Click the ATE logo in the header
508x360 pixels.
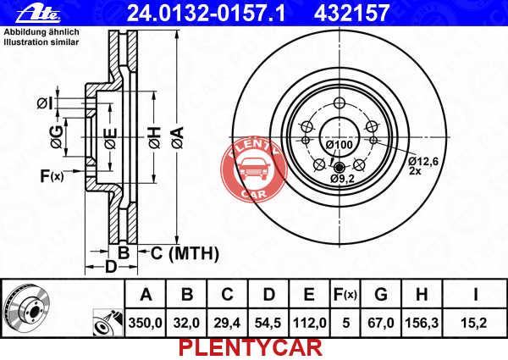tap(38, 14)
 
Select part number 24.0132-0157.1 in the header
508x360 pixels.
tap(207, 13)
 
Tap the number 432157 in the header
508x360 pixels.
tap(351, 13)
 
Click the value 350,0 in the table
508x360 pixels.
tap(145, 323)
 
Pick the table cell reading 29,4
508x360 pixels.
tap(227, 323)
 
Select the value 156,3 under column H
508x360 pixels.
tap(422, 323)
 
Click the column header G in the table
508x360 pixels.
tap(381, 294)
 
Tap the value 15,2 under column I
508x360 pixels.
tap(473, 323)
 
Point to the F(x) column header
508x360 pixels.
tap(345, 294)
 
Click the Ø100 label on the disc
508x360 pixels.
tap(339, 145)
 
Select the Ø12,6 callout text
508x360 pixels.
tap(423, 161)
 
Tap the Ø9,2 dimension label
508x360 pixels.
tap(342, 178)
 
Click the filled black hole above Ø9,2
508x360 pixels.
tap(340, 168)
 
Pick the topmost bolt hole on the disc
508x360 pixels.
tap(340, 103)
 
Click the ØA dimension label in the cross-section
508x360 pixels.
tap(178, 138)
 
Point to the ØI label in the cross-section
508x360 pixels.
tap(44, 103)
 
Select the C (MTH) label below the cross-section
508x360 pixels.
tap(185, 254)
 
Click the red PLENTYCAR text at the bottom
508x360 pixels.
tap(251, 347)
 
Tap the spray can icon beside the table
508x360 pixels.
tap(108, 323)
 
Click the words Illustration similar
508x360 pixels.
tap(41, 42)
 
